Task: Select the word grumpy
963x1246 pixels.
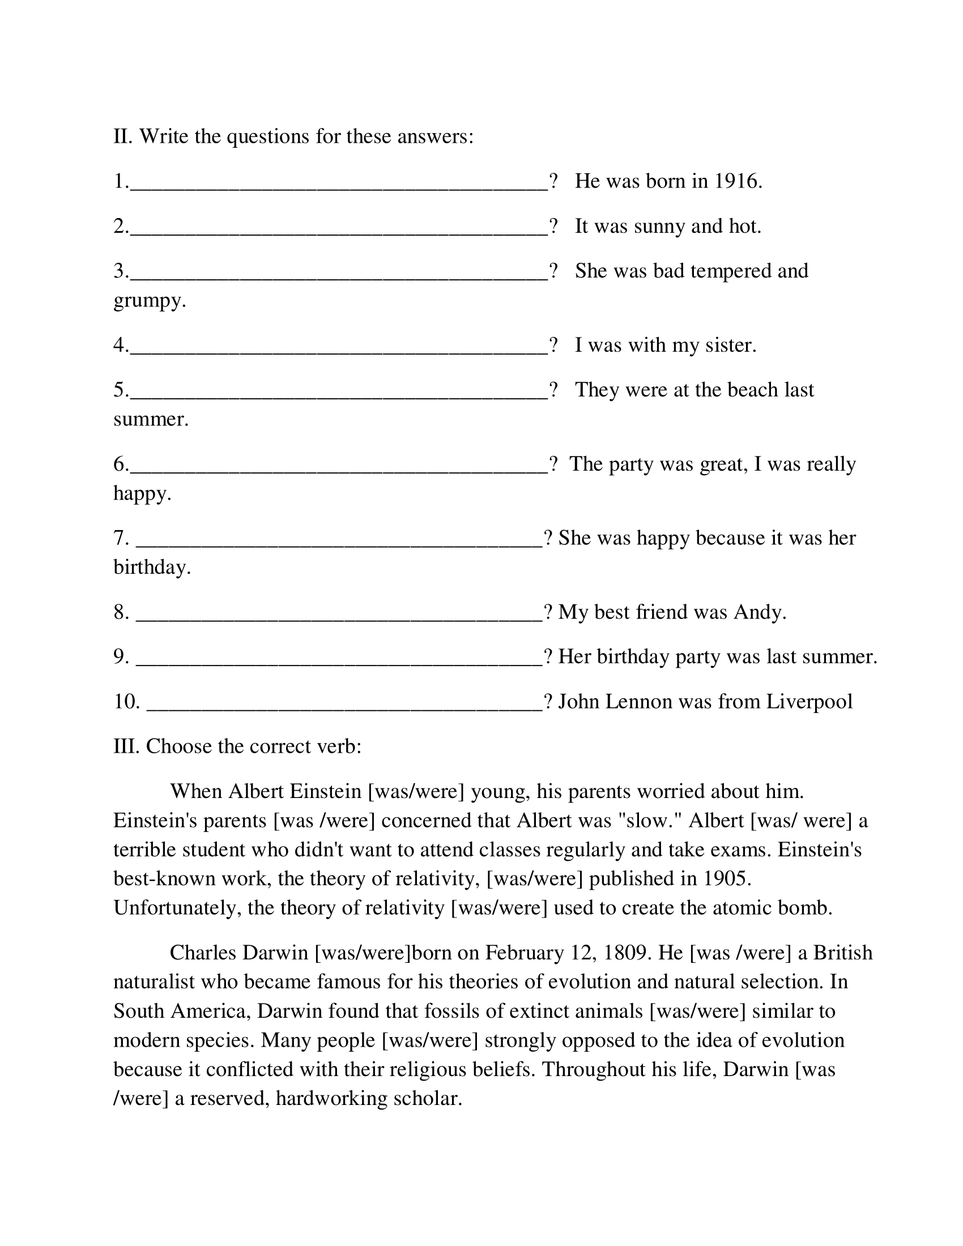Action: pos(150,301)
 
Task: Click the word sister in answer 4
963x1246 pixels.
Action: pos(730,345)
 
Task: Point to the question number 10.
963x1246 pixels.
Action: pos(127,701)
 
